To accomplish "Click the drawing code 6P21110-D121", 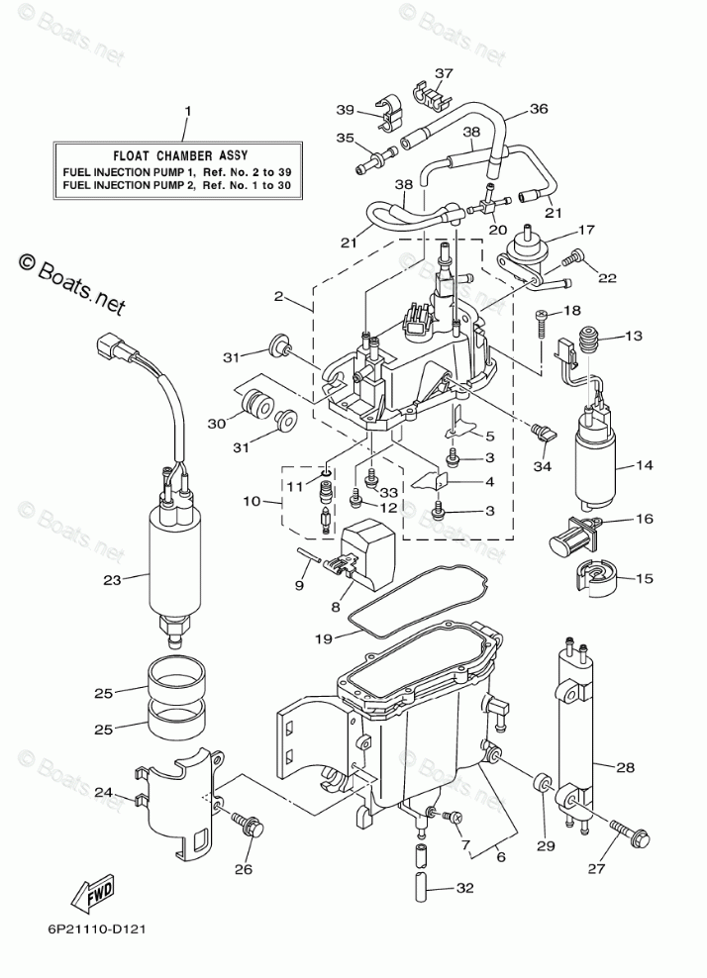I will pyautogui.click(x=95, y=930).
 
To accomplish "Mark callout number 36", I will pyautogui.click(x=538, y=109).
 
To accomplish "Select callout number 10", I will pyautogui.click(x=250, y=503).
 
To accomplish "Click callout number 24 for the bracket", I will pyautogui.click(x=132, y=792).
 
